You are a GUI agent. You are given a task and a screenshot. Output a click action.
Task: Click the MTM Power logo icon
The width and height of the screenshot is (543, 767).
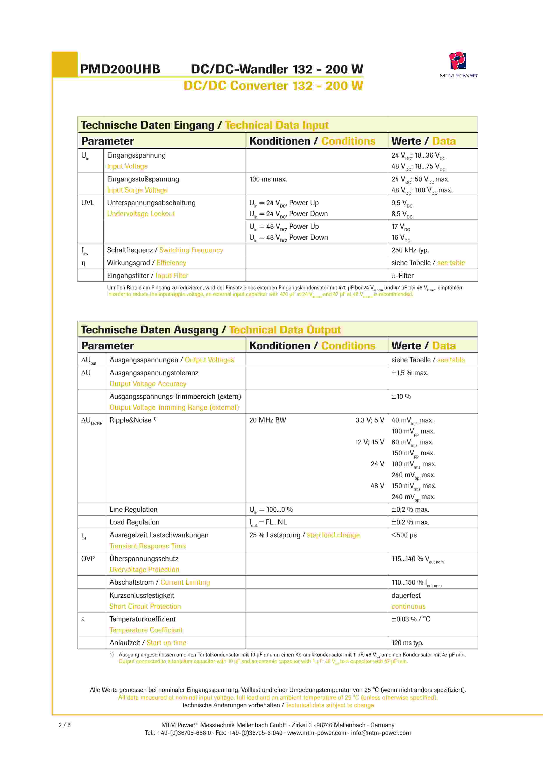457,61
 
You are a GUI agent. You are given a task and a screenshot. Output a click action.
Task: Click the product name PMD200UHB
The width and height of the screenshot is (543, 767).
120,69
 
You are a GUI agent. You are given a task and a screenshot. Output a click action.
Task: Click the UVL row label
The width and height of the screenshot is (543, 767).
88,203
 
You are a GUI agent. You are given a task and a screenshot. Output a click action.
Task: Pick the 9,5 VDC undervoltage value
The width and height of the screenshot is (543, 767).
402,203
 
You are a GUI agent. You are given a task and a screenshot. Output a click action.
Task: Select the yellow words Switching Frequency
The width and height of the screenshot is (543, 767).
191,250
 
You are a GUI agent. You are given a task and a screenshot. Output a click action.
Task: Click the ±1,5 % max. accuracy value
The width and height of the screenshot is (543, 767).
410,373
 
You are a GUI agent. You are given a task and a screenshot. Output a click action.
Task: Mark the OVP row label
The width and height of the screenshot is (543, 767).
88,559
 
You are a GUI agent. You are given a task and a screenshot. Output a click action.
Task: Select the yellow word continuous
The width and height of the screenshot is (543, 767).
408,606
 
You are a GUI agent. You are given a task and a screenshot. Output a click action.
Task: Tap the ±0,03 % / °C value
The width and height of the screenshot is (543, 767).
411,619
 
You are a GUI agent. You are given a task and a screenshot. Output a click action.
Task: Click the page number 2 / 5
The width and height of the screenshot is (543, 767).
65,725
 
